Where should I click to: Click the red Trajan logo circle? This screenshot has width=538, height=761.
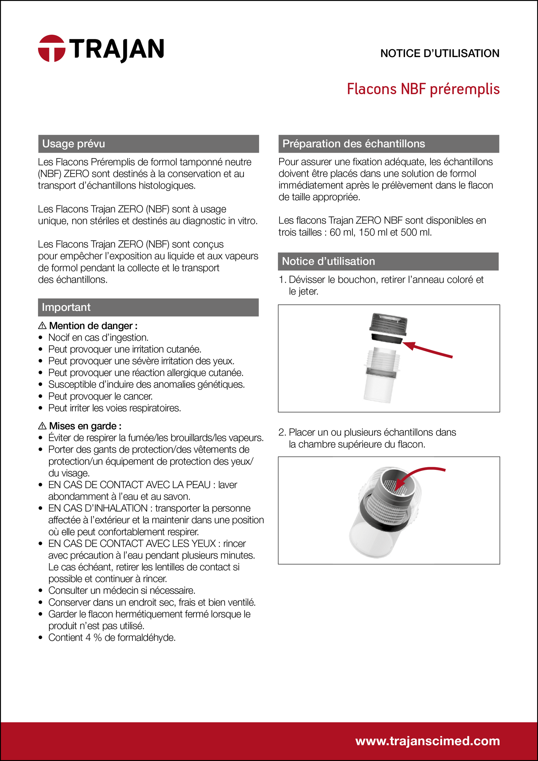(51, 48)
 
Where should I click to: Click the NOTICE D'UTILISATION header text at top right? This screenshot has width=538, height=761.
(440, 54)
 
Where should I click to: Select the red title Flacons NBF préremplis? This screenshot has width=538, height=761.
(423, 89)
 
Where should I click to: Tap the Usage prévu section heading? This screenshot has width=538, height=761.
(74, 144)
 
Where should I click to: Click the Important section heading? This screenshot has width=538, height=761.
(66, 307)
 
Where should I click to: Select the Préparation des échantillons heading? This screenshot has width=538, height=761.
(353, 144)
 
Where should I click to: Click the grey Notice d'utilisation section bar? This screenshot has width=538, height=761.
(388, 261)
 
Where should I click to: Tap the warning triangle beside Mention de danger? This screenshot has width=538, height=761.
(42, 326)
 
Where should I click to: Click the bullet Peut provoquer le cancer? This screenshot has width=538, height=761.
(100, 396)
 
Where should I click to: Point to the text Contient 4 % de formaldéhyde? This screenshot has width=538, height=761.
(112, 637)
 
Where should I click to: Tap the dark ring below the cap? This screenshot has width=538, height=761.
(386, 339)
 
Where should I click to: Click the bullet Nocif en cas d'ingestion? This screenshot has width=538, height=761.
(98, 337)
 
